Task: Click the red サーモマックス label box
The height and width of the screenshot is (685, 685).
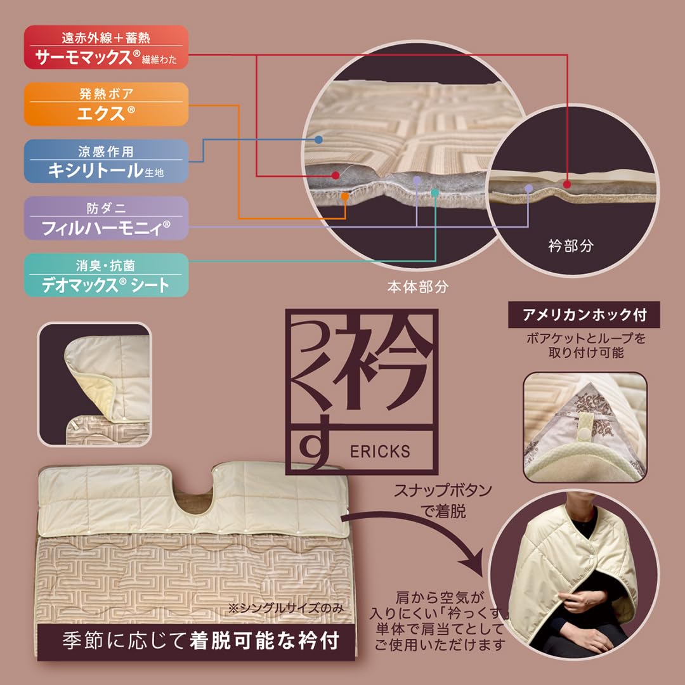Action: click(x=106, y=48)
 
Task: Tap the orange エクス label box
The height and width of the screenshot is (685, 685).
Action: click(x=106, y=104)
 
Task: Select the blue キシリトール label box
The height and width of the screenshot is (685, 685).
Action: click(x=106, y=161)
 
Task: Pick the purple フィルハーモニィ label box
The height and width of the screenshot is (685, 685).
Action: click(x=106, y=218)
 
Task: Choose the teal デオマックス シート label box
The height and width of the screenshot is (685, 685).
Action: click(x=106, y=275)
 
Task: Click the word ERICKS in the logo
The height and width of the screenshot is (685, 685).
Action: click(x=380, y=452)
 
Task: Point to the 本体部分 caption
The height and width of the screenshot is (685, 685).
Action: click(x=418, y=287)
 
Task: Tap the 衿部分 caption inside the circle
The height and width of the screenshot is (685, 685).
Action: click(x=570, y=245)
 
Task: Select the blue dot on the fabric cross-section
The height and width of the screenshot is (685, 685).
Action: click(x=318, y=139)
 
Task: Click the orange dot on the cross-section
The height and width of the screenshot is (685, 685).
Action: click(x=345, y=197)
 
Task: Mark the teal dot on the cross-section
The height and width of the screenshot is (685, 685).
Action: click(x=434, y=192)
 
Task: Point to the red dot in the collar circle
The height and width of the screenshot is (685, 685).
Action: click(x=567, y=184)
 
